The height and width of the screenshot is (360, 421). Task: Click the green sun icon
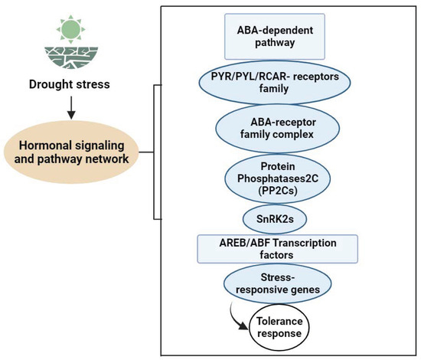[69, 30]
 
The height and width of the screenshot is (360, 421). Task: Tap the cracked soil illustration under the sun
[69, 59]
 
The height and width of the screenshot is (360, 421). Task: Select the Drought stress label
[69, 83]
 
